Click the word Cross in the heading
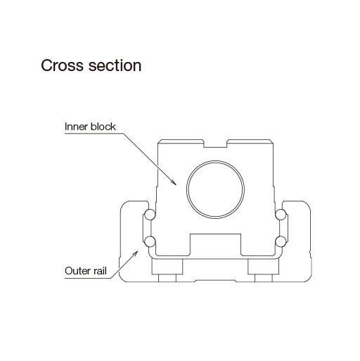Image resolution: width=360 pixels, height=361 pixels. pos(62,65)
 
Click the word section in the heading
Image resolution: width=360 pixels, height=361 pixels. pos(115,65)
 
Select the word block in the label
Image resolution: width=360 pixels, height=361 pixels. pos(103,127)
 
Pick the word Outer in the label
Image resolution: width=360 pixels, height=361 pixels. pos(78,271)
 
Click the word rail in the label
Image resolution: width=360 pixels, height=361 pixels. pos(100,271)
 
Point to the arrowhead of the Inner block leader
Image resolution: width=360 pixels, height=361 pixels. pos(174,182)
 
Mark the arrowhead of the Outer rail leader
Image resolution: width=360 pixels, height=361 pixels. pos(135,253)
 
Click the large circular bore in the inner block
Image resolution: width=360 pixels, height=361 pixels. pos(215,189)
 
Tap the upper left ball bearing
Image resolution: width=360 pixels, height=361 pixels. pos(150,215)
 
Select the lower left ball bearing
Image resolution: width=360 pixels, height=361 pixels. pos(150,241)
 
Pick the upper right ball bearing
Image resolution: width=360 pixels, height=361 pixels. pos(281,215)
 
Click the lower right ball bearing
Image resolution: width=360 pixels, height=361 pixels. pos(281,241)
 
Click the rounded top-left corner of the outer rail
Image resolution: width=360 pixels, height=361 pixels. pos(122,204)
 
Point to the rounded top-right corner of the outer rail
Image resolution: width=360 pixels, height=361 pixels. pos(308,204)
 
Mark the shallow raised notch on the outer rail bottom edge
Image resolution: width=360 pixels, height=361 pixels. pos(215,280)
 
